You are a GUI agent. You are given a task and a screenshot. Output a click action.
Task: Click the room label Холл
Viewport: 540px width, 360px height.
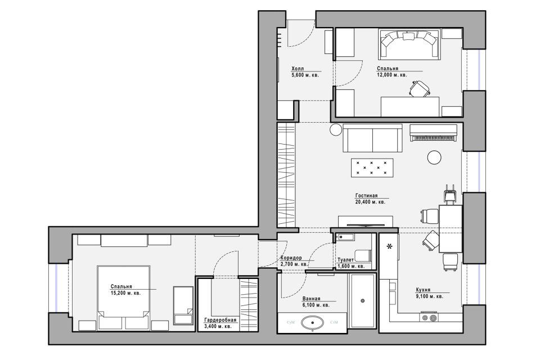pos(298,69)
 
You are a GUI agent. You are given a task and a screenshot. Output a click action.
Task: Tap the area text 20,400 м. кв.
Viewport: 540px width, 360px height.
pos(370,202)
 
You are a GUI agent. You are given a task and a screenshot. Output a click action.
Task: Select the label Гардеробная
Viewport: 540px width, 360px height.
pos(220,320)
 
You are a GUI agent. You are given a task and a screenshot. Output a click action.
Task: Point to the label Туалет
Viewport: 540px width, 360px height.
pos(345,260)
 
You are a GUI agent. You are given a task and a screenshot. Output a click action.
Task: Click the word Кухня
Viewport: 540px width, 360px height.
pos(423,290)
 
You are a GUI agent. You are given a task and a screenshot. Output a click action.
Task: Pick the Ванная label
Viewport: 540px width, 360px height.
pos(311,299)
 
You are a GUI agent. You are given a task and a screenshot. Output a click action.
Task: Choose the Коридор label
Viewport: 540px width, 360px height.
pos(291,258)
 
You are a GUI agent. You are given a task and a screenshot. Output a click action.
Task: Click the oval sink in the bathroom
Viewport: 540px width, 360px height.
pos(312,323)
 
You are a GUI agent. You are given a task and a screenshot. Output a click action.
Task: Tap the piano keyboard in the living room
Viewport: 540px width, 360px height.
pos(434,138)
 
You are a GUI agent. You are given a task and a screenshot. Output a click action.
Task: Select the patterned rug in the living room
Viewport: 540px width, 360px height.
pos(372,168)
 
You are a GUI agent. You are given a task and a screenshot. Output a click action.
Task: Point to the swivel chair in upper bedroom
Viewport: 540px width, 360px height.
pos(420,88)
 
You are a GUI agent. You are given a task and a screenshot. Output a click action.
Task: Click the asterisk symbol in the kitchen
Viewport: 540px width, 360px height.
pos(389,246)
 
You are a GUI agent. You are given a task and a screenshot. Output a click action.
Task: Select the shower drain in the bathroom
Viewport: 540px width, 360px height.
pos(363,301)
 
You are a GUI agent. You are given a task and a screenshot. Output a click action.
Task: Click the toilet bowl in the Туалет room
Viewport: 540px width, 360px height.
pos(363,255)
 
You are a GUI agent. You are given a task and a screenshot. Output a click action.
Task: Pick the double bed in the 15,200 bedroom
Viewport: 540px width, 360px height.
pos(123,296)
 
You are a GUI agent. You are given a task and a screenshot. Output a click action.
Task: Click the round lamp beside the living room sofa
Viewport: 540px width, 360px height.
pos(336,129)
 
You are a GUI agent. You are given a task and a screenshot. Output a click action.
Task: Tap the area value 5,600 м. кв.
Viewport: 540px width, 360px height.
pos(305,74)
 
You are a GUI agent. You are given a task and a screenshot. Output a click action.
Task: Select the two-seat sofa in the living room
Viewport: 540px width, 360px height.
pos(372,138)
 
